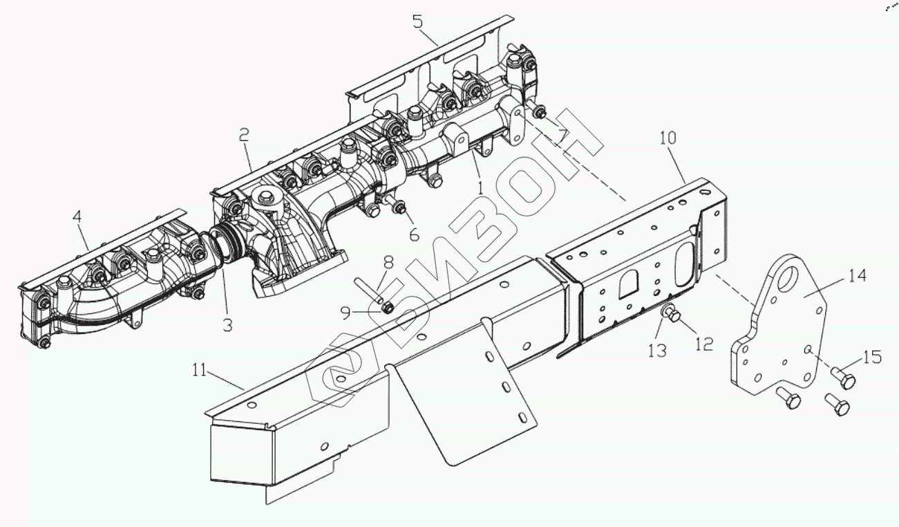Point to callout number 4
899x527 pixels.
point(77,216)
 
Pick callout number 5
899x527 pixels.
point(417,20)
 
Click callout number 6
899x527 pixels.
point(413,234)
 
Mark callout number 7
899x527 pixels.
point(563,136)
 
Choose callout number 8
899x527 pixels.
point(388,263)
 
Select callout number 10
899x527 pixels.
point(668,137)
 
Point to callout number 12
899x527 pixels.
point(703,344)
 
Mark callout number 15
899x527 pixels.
point(873,358)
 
